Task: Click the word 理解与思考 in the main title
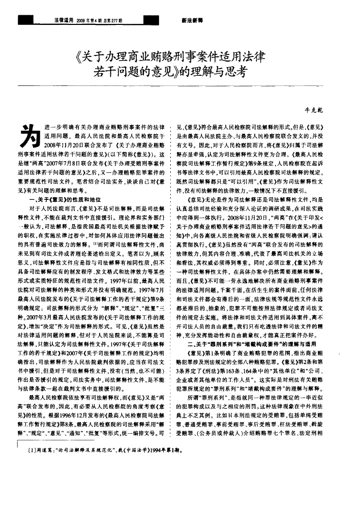(x=219, y=72)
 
